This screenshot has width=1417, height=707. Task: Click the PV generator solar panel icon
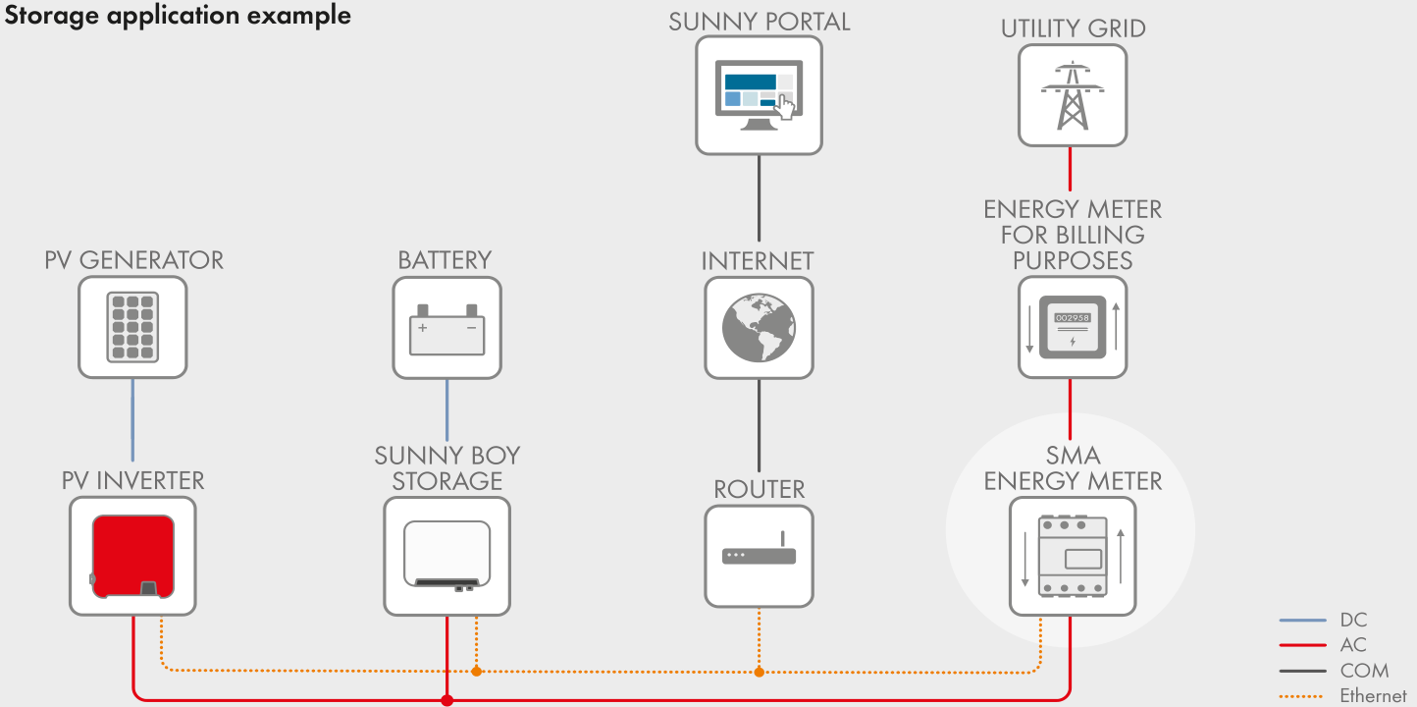pyautogui.click(x=132, y=326)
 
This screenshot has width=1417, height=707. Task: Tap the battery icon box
pyautogui.click(x=446, y=327)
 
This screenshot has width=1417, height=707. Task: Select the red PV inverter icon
pyautogui.click(x=132, y=556)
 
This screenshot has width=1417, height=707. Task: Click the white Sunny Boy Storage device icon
pyautogui.click(x=446, y=556)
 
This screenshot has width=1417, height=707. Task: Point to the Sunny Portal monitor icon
pyautogui.click(x=759, y=95)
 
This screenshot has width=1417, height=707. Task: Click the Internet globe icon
pyautogui.click(x=759, y=327)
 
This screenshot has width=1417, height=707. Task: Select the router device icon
pyautogui.click(x=759, y=555)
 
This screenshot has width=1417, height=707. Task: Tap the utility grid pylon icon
pyautogui.click(x=1072, y=95)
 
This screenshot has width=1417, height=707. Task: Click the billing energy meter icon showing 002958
pyautogui.click(x=1072, y=327)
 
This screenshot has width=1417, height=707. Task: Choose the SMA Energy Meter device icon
pyautogui.click(x=1072, y=556)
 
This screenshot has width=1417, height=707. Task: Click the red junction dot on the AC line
pyautogui.click(x=446, y=700)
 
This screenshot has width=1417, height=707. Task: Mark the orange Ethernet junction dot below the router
pyautogui.click(x=759, y=672)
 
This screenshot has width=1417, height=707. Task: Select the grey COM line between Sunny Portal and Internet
pyautogui.click(x=759, y=196)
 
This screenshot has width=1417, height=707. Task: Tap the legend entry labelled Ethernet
pyautogui.click(x=1373, y=695)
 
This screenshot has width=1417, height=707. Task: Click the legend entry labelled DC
pyautogui.click(x=1353, y=620)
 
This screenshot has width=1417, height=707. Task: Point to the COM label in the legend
pyautogui.click(x=1364, y=671)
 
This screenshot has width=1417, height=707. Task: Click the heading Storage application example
pyautogui.click(x=178, y=16)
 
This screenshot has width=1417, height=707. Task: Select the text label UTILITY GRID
pyautogui.click(x=1073, y=28)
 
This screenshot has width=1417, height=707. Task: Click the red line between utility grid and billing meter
pyautogui.click(x=1070, y=168)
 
